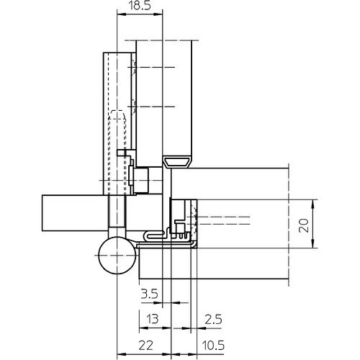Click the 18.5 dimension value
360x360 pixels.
(140, 5)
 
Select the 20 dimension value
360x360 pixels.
(304, 225)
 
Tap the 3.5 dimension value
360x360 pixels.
(149, 294)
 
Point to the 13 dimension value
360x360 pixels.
(153, 319)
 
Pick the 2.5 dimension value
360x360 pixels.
(213, 320)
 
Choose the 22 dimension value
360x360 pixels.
(145, 346)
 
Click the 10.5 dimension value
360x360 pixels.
(213, 346)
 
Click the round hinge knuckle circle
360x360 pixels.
(117, 255)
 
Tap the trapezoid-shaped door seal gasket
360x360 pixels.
(177, 161)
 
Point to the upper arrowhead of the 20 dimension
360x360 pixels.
(312, 204)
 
